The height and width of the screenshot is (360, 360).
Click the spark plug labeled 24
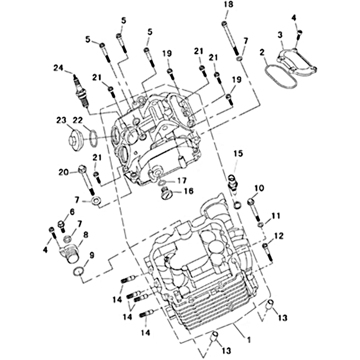click(x=81, y=92)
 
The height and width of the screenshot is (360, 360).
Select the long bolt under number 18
click(x=230, y=38)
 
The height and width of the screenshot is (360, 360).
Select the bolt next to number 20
click(x=86, y=180)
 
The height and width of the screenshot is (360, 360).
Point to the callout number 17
click(x=181, y=181)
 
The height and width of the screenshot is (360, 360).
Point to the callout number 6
click(x=72, y=212)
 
